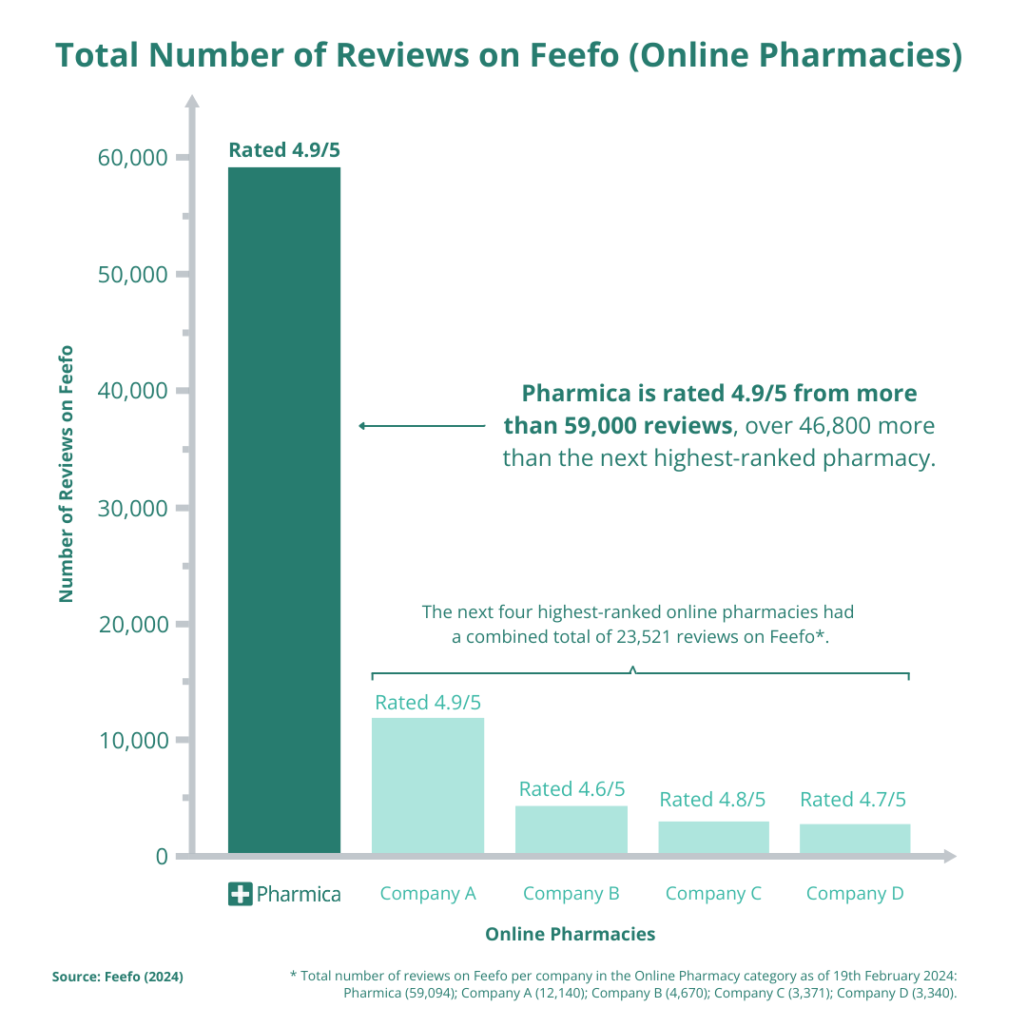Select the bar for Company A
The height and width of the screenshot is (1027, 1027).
pyautogui.click(x=428, y=785)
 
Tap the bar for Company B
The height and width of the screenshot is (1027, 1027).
pyautogui.click(x=572, y=829)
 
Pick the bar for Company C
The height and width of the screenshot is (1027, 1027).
pyautogui.click(x=713, y=837)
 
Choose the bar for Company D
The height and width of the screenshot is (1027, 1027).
pyautogui.click(x=854, y=839)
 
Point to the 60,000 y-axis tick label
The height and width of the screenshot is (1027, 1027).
pyautogui.click(x=133, y=158)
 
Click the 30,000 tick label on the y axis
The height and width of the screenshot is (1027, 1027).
pyautogui.click(x=133, y=508)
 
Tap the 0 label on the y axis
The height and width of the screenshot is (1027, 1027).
pyautogui.click(x=161, y=857)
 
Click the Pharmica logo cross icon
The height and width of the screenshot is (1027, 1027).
pyautogui.click(x=241, y=894)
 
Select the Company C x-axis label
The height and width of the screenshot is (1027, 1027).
pyautogui.click(x=713, y=894)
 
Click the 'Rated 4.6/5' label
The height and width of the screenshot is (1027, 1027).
pyautogui.click(x=572, y=789)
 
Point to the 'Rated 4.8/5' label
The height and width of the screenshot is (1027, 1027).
pyautogui.click(x=712, y=800)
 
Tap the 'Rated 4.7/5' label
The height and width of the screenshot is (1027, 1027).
pyautogui.click(x=853, y=800)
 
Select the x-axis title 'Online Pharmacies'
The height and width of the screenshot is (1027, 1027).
pyautogui.click(x=570, y=934)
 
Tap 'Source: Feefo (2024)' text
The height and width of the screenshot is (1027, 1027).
pyautogui.click(x=117, y=977)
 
